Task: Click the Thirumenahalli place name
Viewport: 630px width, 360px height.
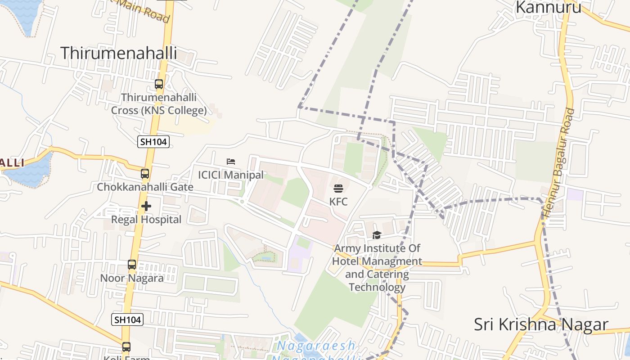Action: coord(118,53)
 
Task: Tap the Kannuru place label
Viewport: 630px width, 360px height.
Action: coord(548,7)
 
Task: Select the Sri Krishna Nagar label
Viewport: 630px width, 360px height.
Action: coord(541,324)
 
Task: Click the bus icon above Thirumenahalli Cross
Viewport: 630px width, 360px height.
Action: coord(158,84)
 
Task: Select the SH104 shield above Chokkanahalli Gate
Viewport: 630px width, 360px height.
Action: coord(153,142)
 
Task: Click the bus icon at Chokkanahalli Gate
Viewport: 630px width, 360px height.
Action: coord(144,174)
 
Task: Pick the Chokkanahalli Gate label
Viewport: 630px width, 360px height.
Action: coord(145,187)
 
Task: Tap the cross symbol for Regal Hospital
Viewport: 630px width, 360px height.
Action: coord(146,207)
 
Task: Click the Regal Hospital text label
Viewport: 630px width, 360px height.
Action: coord(146,220)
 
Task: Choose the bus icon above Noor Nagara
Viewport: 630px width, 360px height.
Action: coord(131,265)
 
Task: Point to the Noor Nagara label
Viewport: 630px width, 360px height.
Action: coord(131,278)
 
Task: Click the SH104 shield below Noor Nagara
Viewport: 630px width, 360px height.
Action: coord(127,319)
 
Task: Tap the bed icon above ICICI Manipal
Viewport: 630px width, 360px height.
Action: coord(231,162)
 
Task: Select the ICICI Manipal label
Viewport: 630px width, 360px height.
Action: coord(231,175)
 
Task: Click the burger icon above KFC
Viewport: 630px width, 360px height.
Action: coord(338,189)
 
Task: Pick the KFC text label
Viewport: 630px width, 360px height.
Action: coord(338,202)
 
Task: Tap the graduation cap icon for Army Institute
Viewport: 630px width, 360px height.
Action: coord(377,235)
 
